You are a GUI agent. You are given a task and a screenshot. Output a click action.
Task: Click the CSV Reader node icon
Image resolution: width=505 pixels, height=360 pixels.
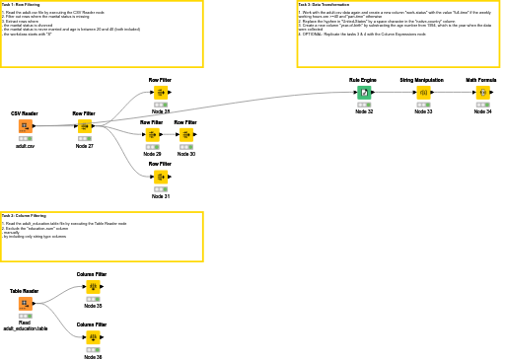[x=25, y=126]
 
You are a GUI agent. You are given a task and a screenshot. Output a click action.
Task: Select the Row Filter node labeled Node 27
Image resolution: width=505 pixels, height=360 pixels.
[x=84, y=126]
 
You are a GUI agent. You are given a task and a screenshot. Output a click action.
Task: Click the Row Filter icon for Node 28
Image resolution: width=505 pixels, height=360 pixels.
[x=160, y=93]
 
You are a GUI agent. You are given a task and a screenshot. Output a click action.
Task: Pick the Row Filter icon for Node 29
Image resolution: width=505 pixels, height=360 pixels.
[x=152, y=134]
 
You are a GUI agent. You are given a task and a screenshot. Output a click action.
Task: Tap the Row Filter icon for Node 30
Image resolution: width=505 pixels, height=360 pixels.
[x=185, y=134]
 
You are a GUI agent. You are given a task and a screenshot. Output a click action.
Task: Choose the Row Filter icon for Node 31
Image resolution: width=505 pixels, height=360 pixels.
[x=160, y=177]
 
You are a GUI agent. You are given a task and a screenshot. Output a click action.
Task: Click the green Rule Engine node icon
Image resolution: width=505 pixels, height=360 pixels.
[x=364, y=93]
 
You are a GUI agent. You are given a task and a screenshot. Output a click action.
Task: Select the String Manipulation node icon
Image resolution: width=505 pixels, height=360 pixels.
[x=423, y=93]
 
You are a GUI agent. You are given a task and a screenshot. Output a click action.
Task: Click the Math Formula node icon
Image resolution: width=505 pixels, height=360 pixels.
[x=482, y=93]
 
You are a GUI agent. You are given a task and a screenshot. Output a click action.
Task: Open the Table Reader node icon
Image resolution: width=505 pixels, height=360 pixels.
[x=25, y=304]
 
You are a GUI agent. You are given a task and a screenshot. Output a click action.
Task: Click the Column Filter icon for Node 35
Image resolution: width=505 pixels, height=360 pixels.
[x=92, y=287]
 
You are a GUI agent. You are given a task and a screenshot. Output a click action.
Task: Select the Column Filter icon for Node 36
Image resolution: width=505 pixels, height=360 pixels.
[x=92, y=337]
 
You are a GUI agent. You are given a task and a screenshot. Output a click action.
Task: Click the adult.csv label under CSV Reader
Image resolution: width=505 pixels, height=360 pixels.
[x=25, y=146]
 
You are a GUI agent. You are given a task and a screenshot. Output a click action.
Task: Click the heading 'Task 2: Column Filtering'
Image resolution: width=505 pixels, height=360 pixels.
[x=25, y=215]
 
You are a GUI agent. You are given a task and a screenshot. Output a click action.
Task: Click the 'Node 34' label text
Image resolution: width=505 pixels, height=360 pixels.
[x=482, y=111]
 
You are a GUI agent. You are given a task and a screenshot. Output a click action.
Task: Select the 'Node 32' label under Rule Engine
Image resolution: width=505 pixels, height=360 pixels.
[x=364, y=111]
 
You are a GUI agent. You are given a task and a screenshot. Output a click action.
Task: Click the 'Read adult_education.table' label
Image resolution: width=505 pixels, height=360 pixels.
[x=25, y=325]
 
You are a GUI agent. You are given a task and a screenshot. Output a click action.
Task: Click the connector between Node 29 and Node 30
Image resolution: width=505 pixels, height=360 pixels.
[x=169, y=134]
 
